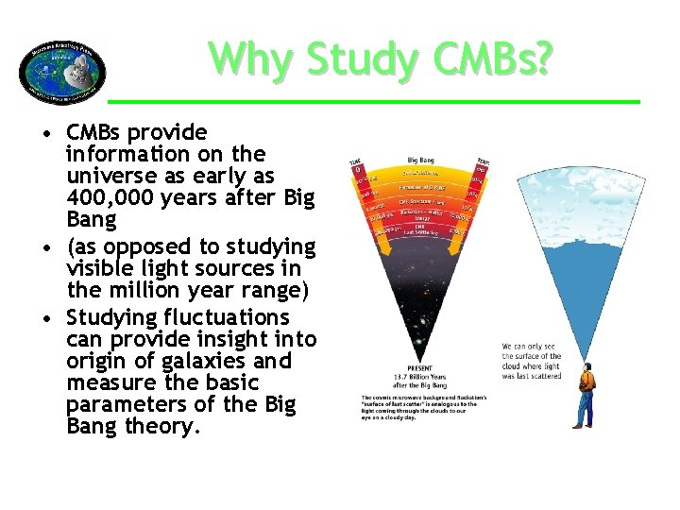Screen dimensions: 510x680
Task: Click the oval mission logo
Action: [62, 71]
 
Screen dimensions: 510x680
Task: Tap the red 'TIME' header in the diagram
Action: [356, 161]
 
